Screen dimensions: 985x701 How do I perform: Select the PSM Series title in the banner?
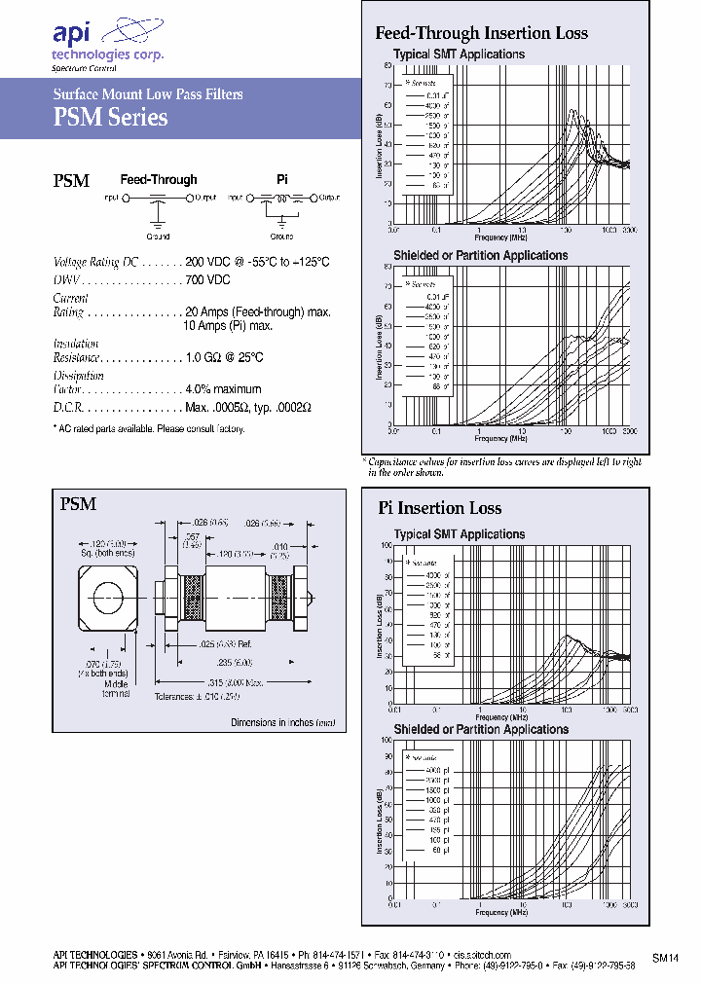coord(109,118)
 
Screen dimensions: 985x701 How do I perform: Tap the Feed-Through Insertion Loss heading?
coord(481,33)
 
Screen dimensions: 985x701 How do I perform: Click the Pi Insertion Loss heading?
coord(439,508)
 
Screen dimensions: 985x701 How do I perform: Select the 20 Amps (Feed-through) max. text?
coord(257,312)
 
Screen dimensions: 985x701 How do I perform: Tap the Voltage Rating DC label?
coord(95,263)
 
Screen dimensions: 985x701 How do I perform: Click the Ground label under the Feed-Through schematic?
coord(158,237)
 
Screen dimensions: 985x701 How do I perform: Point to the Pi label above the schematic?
coord(282,180)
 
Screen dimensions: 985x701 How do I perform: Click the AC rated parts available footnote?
coord(147,429)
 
